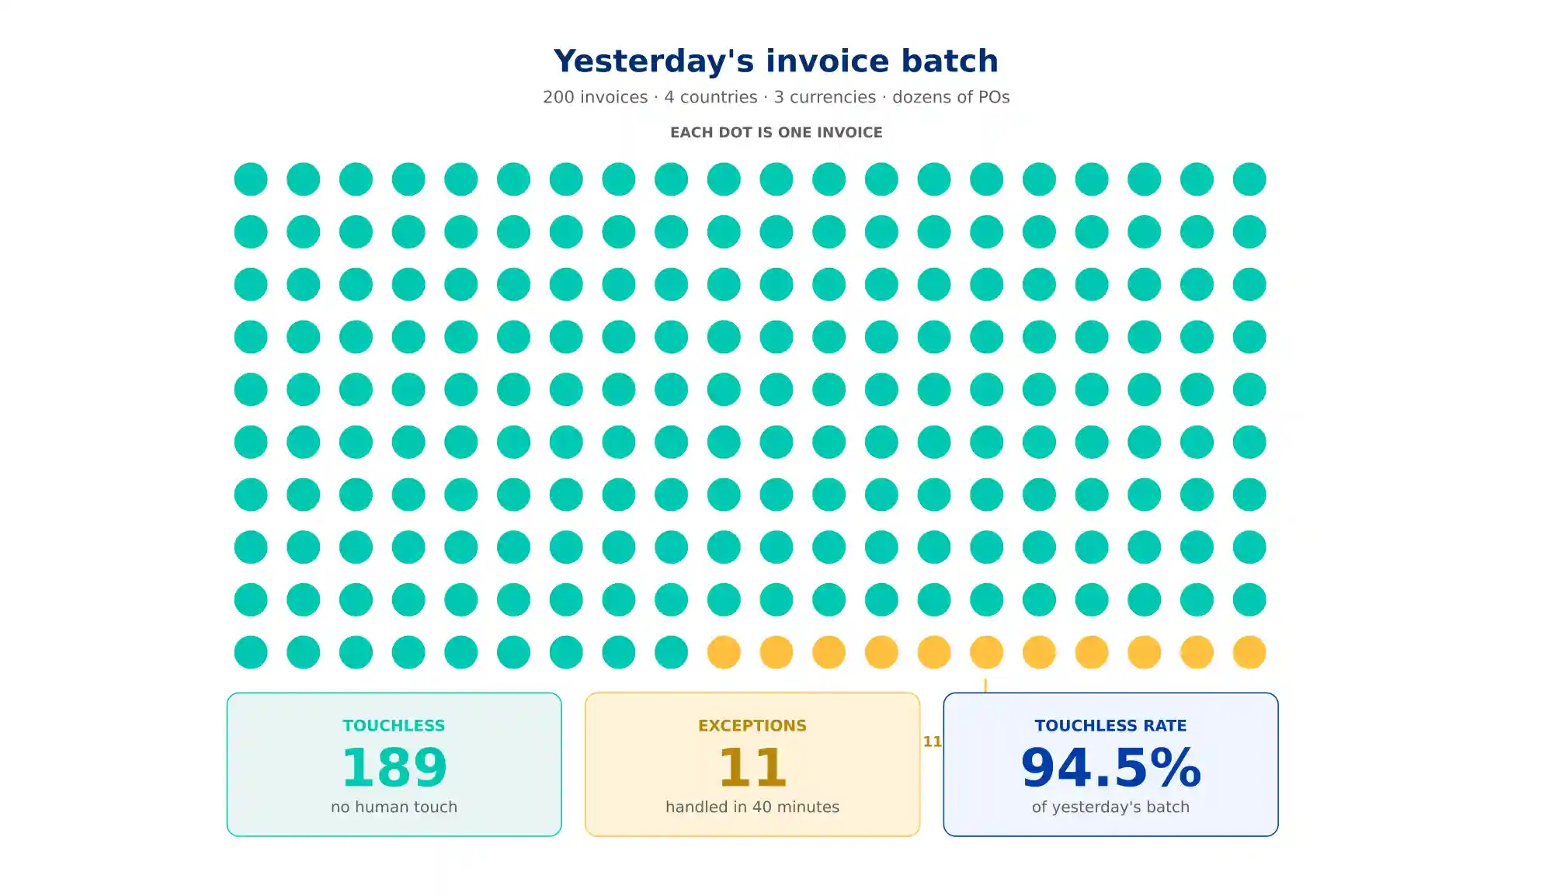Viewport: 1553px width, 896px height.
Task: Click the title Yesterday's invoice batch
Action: [x=776, y=61]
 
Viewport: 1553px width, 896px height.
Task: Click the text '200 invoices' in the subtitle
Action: [x=595, y=97]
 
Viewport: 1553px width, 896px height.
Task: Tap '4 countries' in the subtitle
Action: [x=710, y=97]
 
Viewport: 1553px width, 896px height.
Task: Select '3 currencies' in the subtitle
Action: [x=825, y=97]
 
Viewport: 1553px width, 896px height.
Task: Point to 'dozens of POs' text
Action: [x=951, y=97]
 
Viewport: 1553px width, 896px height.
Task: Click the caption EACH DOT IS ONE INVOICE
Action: [x=776, y=133]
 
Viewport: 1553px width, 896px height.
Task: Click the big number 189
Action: [x=394, y=767]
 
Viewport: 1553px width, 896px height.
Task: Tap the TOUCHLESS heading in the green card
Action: [x=394, y=725]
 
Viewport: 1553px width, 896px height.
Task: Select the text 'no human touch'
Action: [x=394, y=807]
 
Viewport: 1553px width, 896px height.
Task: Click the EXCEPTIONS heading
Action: [x=752, y=725]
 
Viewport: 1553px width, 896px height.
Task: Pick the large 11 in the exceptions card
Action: [x=752, y=767]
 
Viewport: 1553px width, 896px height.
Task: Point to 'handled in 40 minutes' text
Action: [x=752, y=807]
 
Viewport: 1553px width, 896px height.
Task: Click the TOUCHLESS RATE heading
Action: [x=1110, y=725]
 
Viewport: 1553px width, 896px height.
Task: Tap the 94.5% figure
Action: [x=1110, y=767]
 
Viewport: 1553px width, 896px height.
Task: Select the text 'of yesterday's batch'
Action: [x=1110, y=807]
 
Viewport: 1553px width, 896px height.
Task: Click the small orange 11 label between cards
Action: [x=932, y=741]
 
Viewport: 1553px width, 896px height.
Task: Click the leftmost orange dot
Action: [x=724, y=652]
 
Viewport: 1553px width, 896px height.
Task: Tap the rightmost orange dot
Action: [x=1249, y=652]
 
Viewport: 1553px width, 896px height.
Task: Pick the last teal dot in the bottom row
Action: [x=671, y=652]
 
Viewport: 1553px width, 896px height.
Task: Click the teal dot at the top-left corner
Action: [x=251, y=179]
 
